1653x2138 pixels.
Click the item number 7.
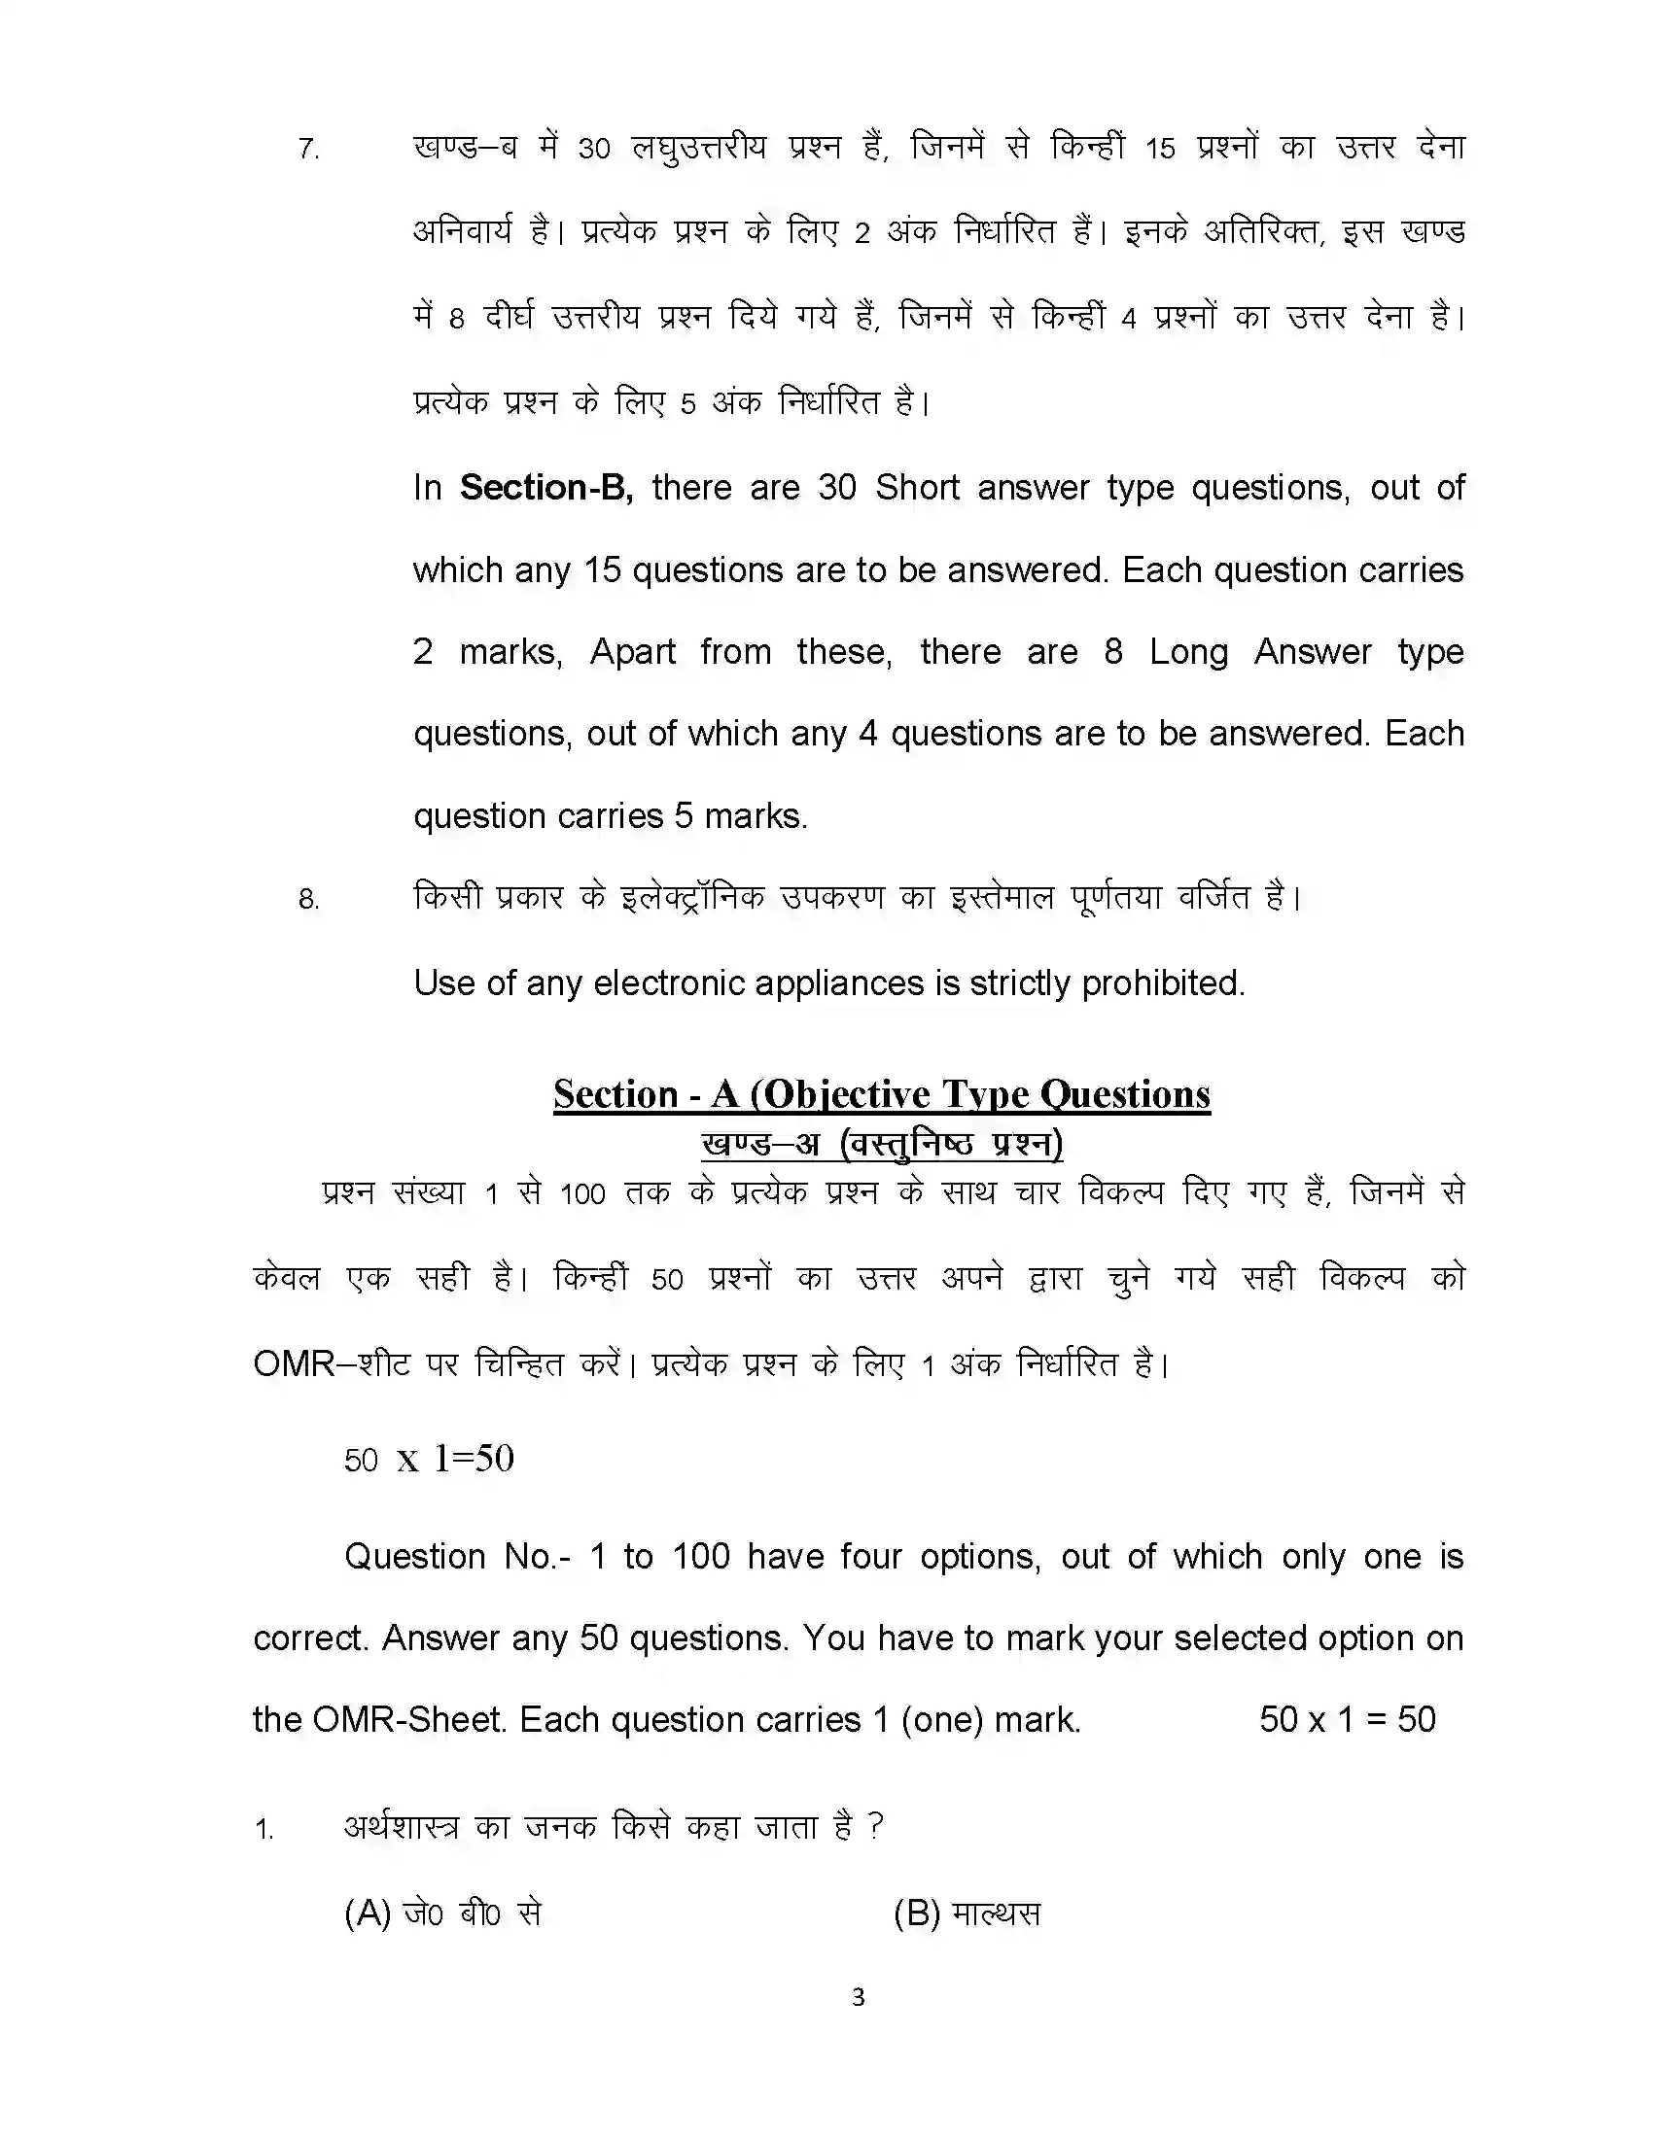coord(308,150)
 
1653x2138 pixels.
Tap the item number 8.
coord(308,899)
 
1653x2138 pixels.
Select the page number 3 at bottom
coord(858,1996)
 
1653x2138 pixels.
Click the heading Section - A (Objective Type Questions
coord(881,1093)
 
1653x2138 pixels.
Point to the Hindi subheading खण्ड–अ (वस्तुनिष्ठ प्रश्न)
coord(881,1144)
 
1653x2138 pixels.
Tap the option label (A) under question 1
coord(368,1913)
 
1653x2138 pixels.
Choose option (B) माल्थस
coord(967,1913)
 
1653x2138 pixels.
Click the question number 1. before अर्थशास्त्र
coord(264,1829)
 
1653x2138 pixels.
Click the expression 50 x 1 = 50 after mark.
coord(1347,1719)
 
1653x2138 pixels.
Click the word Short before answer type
coord(917,488)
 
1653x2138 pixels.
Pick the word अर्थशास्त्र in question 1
coord(402,1827)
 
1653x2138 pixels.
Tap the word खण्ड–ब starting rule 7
coord(465,148)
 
